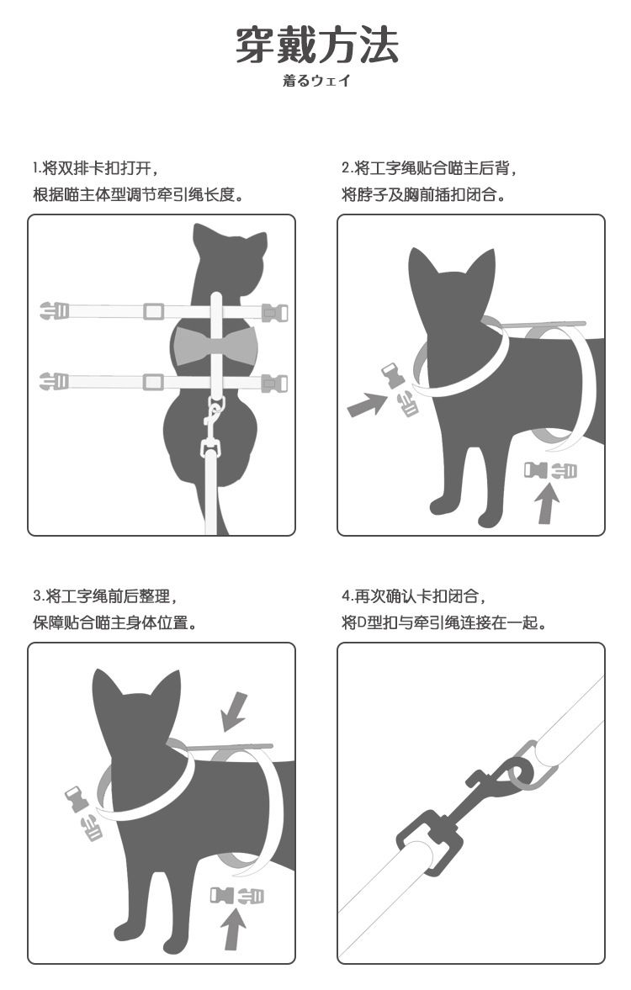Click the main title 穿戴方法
[315, 45]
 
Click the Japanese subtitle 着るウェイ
[315, 82]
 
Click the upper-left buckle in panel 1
[54, 311]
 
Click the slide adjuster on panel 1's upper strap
[152, 311]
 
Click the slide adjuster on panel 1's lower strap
[152, 383]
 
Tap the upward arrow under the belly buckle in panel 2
[548, 505]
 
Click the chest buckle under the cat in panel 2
[550, 470]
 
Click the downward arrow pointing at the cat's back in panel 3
[233, 711]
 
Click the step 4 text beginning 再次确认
[413, 596]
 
